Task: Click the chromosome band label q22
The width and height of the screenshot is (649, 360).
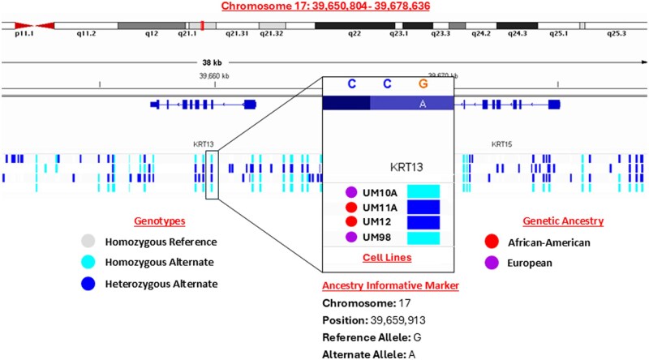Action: (x=354, y=36)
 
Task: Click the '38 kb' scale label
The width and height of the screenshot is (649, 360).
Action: (x=213, y=61)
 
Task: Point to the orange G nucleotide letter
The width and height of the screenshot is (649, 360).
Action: (x=423, y=84)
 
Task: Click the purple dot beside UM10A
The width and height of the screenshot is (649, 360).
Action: (x=350, y=192)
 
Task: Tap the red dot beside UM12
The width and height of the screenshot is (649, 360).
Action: (x=350, y=221)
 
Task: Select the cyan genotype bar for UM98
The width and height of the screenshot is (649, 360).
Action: (x=423, y=236)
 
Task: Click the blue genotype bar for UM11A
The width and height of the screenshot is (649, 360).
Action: (x=423, y=207)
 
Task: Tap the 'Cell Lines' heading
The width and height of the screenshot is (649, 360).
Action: (x=388, y=257)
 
